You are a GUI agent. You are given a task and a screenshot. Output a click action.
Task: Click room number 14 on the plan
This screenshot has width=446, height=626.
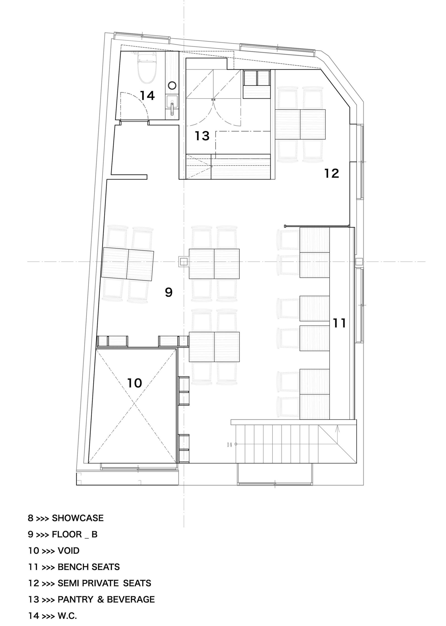[147, 95]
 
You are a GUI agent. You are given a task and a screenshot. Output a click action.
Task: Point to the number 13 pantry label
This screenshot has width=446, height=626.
[202, 136]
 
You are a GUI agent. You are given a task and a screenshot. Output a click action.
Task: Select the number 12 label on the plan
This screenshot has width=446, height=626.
[331, 173]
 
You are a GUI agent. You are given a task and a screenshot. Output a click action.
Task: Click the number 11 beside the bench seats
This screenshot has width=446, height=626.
[339, 323]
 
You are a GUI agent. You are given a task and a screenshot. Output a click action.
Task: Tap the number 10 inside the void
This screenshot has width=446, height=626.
[135, 383]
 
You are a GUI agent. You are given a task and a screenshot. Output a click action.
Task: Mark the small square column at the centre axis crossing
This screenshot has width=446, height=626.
[184, 261]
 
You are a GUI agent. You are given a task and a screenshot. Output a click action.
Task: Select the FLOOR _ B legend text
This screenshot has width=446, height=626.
[75, 535]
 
